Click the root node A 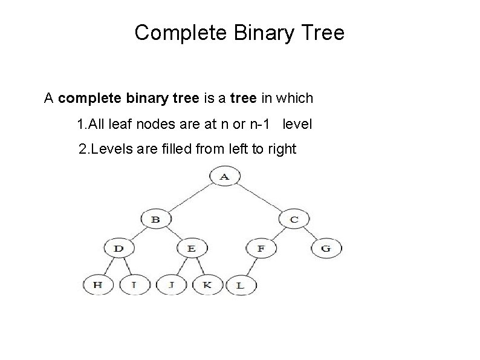224,177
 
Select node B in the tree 155,219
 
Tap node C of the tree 294,219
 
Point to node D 118,248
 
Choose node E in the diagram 192,248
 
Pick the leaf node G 326,248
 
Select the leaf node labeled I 134,284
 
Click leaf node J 172,284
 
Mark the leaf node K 207,284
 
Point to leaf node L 240,284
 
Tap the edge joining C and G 312,235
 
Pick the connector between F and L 250,267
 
